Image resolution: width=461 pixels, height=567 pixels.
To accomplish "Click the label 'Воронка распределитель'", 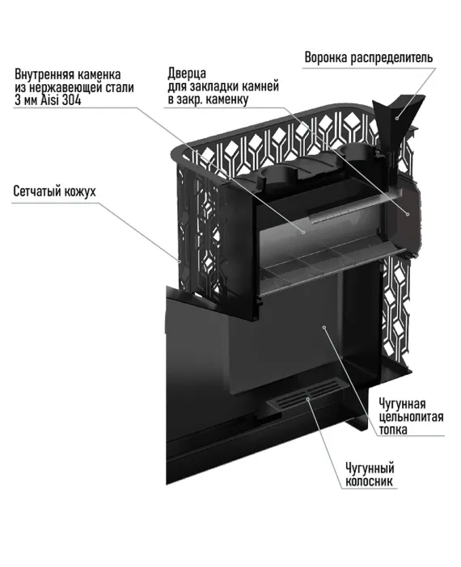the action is (369, 58).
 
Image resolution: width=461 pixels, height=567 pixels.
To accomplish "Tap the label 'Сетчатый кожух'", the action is (55, 191).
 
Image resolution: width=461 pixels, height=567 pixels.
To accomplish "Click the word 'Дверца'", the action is (187, 73).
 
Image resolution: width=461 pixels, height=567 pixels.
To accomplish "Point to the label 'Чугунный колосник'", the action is (370, 475).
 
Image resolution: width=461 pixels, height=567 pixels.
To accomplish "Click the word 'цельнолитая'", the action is (411, 416).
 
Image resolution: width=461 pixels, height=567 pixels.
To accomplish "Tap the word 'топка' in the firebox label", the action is (393, 429).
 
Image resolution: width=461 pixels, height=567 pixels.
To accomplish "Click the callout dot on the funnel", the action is (397, 118).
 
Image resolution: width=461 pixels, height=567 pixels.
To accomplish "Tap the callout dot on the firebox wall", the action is (324, 327).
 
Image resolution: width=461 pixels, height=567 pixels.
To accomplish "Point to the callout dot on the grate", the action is (308, 398).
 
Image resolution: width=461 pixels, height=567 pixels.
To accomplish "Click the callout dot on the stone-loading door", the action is (408, 214).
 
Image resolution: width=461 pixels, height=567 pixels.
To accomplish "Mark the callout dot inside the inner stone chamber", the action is (303, 232).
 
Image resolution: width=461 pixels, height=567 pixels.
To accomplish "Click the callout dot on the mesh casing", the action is (179, 260).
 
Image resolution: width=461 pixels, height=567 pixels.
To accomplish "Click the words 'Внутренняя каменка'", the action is (68, 74).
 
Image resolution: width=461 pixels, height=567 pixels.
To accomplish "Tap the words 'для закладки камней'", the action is (223, 86).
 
